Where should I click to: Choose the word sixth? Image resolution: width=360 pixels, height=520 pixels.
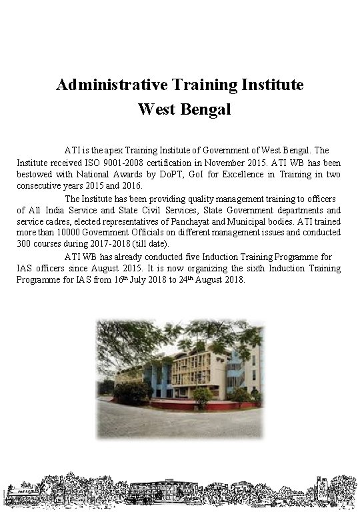215,268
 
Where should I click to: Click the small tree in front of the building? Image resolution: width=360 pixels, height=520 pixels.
201,397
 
